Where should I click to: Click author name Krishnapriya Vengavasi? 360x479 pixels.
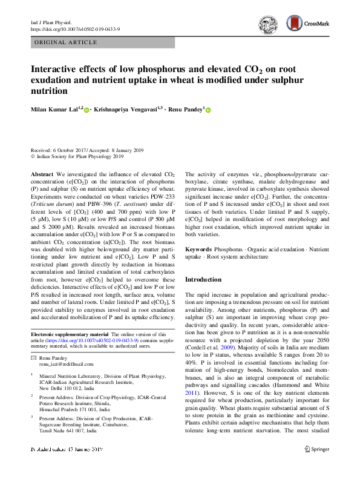click(x=129, y=110)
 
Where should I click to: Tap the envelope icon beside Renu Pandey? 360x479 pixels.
click(x=33, y=358)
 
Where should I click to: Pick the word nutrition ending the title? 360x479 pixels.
click(x=50, y=91)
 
